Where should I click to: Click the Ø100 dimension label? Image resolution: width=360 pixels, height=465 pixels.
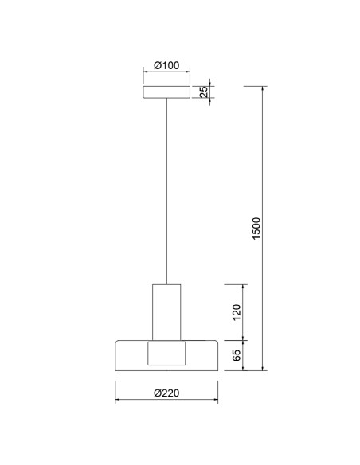point(166,65)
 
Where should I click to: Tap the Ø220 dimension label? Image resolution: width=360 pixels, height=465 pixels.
point(166,393)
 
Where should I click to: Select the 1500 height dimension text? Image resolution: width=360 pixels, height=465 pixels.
point(256,229)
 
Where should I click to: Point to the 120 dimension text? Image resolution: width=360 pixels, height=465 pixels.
point(237,312)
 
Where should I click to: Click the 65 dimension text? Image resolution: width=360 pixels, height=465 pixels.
point(237,355)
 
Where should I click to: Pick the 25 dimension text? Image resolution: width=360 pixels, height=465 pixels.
point(204,92)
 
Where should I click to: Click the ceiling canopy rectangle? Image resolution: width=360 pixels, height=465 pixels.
point(166,92)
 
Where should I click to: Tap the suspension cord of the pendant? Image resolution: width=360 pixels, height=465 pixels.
point(166,191)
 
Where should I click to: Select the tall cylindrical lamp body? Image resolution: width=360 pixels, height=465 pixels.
point(166,312)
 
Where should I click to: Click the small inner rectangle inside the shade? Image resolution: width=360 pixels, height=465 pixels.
point(166,354)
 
